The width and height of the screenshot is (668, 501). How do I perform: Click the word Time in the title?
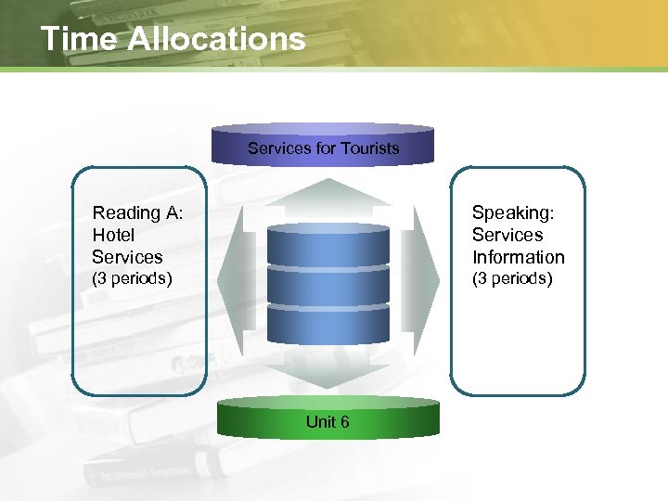pos(78,39)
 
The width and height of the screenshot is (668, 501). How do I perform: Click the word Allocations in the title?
pos(215,39)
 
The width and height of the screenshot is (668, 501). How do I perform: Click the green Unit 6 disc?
pos(328,419)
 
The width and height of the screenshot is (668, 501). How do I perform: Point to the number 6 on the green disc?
pos(344,422)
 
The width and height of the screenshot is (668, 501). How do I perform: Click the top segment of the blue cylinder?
pos(328,246)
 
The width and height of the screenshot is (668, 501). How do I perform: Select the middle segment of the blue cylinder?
pos(328,286)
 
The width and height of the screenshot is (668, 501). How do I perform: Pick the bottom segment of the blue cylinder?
pos(328,325)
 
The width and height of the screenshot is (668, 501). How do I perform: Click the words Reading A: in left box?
pos(137,213)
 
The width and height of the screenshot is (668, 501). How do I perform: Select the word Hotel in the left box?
pos(113,236)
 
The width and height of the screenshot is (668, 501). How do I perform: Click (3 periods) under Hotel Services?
pos(132,278)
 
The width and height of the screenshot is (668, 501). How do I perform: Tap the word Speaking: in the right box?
pos(513,213)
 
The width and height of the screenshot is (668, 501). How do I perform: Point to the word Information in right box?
pos(518,257)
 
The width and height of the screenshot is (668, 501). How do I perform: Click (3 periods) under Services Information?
pos(512,278)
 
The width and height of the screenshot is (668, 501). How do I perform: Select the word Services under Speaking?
pos(507,236)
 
